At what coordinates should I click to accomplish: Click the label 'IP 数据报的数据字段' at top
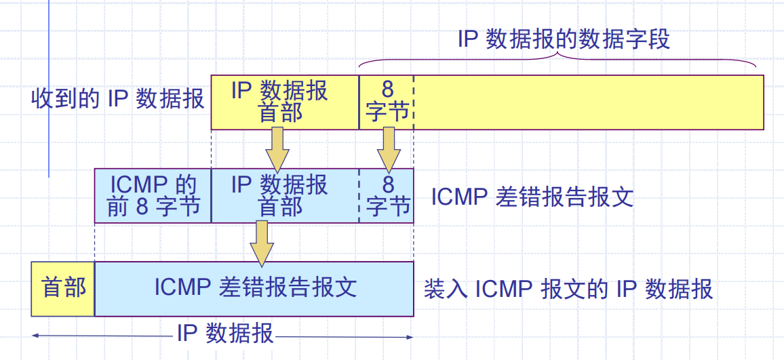click(564, 39)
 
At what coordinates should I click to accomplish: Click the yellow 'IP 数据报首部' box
click(285, 102)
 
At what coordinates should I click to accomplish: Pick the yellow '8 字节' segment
click(386, 102)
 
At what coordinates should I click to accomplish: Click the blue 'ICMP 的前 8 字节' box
click(153, 196)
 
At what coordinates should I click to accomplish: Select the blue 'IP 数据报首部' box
click(285, 196)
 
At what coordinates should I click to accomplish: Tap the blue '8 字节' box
click(387, 196)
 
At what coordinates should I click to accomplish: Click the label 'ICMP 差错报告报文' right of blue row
click(532, 197)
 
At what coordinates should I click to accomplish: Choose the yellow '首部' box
click(63, 288)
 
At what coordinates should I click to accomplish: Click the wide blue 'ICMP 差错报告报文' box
click(254, 288)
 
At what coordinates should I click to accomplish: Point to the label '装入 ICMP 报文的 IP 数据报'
click(568, 289)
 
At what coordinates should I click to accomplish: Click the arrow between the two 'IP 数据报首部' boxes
click(277, 149)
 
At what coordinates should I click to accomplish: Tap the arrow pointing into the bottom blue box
click(261, 243)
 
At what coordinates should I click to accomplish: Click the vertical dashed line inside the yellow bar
click(412, 102)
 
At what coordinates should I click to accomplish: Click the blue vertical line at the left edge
click(49, 88)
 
